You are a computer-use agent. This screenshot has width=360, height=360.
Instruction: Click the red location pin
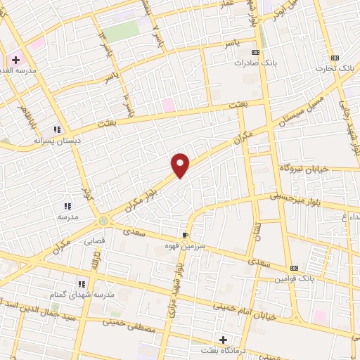pos(181,165)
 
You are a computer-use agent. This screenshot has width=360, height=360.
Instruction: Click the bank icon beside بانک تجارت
pos(335,57)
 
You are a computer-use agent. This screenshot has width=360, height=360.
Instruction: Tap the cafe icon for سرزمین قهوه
pos(185,235)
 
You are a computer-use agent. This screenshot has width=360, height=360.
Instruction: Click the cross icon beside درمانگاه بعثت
pos(224,340)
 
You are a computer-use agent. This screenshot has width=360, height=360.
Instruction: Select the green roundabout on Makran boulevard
pos(104,221)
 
